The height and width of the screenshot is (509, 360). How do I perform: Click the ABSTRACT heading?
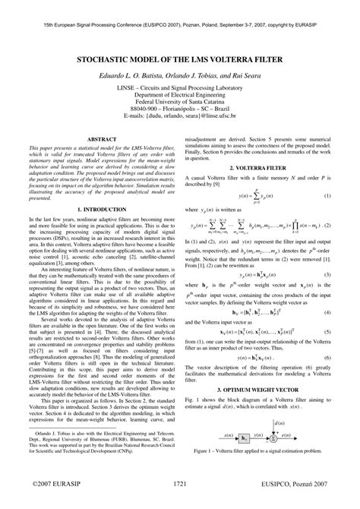[x=102, y=140]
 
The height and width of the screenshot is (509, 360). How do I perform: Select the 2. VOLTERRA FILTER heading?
[x=257, y=164]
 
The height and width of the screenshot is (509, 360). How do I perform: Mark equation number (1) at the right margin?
[x=327, y=195]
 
